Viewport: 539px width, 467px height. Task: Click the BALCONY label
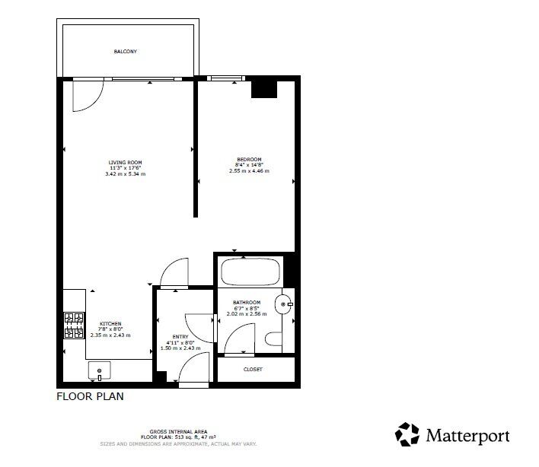click(126, 51)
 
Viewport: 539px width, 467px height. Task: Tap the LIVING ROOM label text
click(125, 162)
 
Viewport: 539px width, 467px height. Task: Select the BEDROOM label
click(249, 159)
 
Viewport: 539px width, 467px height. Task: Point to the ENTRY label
click(180, 336)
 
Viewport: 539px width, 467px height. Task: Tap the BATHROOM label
click(247, 302)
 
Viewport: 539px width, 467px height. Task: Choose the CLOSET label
click(253, 369)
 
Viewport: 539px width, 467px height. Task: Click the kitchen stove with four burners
click(74, 325)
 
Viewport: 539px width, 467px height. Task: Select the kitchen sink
click(100, 371)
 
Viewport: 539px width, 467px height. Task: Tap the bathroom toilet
click(273, 339)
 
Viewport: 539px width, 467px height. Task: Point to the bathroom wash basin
click(286, 304)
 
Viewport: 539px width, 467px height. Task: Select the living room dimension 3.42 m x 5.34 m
click(125, 174)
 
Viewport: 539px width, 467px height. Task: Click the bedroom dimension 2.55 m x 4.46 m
click(249, 171)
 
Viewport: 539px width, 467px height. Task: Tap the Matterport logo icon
click(407, 434)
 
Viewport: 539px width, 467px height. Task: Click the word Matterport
click(467, 436)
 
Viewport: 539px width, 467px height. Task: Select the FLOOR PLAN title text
click(90, 396)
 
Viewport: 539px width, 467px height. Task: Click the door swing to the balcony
click(86, 95)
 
